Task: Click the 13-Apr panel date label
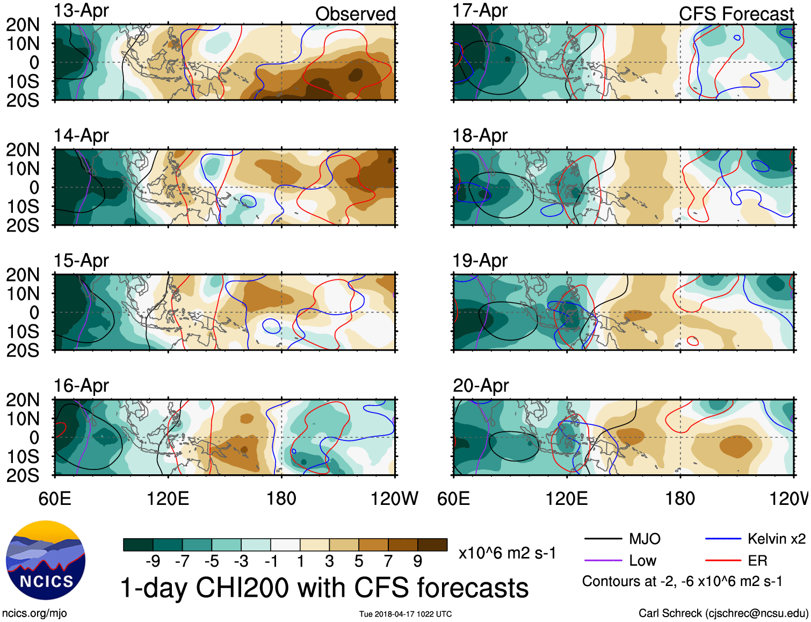(x=81, y=11)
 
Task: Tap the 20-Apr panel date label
(x=480, y=386)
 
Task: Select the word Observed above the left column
(x=355, y=14)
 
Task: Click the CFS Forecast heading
(x=736, y=14)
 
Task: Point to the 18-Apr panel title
(x=480, y=135)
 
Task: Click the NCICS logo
(x=46, y=560)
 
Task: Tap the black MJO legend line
(x=603, y=539)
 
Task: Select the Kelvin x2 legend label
(x=776, y=539)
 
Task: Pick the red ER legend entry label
(x=757, y=561)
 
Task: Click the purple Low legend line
(x=603, y=561)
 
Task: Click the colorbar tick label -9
(x=153, y=561)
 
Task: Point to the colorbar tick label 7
(x=388, y=561)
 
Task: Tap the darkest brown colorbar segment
(x=432, y=545)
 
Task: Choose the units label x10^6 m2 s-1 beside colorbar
(x=507, y=553)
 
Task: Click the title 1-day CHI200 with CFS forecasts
(x=324, y=588)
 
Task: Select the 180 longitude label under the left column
(x=281, y=498)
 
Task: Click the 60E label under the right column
(x=454, y=498)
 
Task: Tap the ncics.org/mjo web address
(x=34, y=613)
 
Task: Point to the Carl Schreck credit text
(x=723, y=613)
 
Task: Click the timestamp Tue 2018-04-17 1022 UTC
(x=405, y=614)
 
